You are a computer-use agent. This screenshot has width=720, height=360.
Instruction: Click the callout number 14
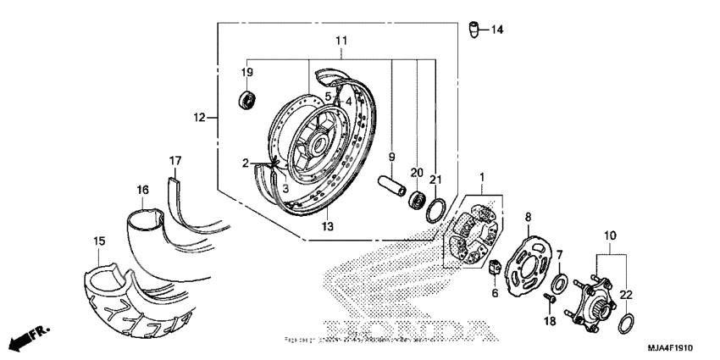496,30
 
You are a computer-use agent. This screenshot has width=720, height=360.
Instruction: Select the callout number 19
248,72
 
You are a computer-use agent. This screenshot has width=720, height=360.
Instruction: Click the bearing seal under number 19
247,98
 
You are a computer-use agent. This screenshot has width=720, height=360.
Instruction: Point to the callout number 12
200,118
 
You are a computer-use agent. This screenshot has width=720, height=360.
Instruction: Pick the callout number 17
175,160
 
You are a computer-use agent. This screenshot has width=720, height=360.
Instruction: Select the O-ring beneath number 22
628,322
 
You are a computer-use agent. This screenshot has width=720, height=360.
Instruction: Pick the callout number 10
609,234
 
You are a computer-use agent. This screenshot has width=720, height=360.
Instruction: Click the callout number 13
328,226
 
